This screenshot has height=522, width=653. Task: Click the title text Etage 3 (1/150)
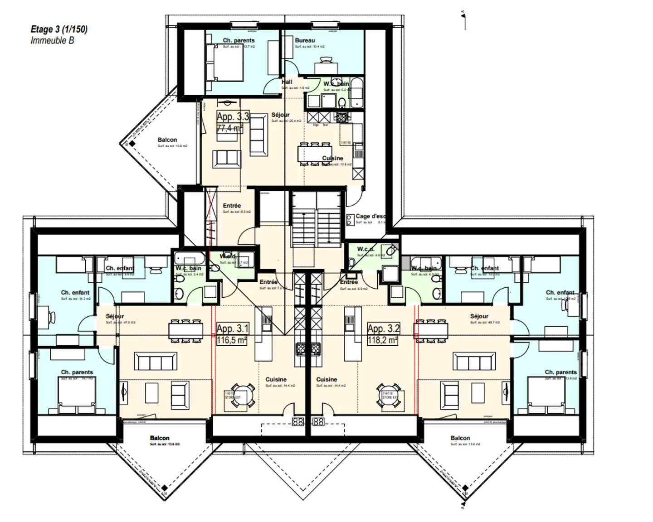click(x=59, y=29)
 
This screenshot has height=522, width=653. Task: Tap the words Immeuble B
click(x=52, y=41)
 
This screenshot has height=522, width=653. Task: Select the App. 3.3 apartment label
click(x=233, y=116)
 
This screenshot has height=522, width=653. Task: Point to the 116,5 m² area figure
click(x=232, y=339)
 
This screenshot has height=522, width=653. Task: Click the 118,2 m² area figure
click(x=383, y=339)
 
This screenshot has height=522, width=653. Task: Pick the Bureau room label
click(x=305, y=40)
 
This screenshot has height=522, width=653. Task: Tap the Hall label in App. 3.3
click(x=287, y=82)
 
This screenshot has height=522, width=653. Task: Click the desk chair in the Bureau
click(x=326, y=60)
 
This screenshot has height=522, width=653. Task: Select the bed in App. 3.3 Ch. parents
click(x=224, y=63)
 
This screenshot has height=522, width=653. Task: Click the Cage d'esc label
click(x=370, y=216)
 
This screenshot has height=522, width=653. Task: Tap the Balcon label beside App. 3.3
click(x=167, y=140)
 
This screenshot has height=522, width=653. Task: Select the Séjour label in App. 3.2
click(x=479, y=316)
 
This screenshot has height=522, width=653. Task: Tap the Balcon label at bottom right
click(x=460, y=438)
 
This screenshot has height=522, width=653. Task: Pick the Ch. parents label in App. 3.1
click(x=77, y=372)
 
